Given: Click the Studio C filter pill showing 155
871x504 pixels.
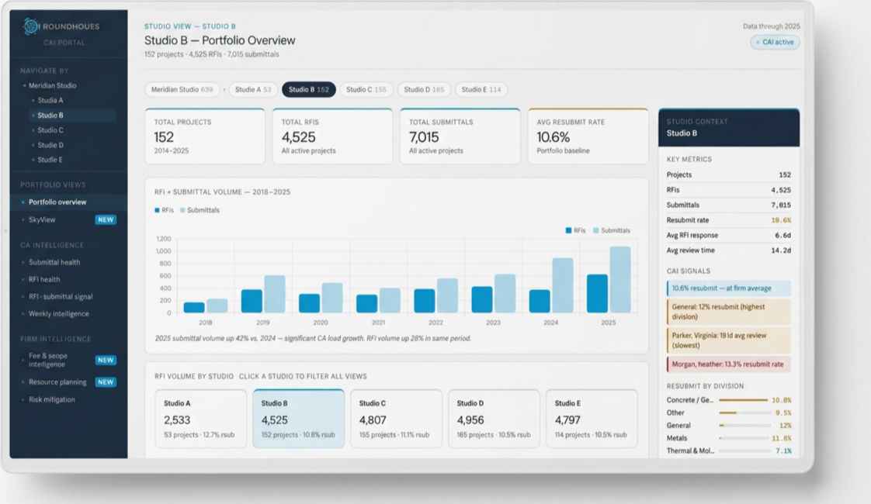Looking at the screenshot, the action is (x=366, y=89).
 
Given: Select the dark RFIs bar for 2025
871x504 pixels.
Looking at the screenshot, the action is (x=597, y=293).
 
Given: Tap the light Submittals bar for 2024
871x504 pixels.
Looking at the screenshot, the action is (x=563, y=285).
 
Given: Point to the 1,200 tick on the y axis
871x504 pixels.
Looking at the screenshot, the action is (x=163, y=239).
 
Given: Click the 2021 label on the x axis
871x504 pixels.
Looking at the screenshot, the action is (x=378, y=323).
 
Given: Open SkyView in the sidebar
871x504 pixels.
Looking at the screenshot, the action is (x=42, y=219).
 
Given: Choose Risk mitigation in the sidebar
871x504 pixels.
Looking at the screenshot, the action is (x=52, y=399).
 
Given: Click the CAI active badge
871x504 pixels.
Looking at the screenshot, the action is (x=775, y=42).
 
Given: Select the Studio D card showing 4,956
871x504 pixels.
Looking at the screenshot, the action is (x=494, y=419).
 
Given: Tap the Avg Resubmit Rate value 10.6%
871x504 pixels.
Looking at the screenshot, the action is (x=553, y=137).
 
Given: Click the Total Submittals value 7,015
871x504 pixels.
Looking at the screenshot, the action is (x=424, y=137).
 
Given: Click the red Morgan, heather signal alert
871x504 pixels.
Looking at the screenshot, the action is (x=729, y=364).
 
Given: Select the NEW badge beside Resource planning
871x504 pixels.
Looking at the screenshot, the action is (x=106, y=382).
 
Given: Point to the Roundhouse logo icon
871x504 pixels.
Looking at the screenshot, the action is (x=31, y=26).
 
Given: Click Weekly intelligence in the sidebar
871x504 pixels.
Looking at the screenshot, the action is (x=59, y=314).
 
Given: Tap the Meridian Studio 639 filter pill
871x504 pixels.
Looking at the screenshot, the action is (x=182, y=89).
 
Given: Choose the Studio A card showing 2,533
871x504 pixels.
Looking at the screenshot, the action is (x=200, y=419).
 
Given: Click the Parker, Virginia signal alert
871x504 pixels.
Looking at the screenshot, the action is (x=729, y=340).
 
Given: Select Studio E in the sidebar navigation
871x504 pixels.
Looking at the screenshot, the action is (x=50, y=160).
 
